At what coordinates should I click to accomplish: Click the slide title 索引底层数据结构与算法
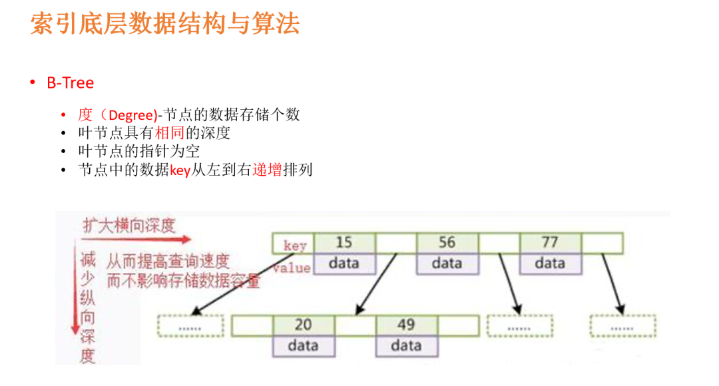165,24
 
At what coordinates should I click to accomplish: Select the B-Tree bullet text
70,83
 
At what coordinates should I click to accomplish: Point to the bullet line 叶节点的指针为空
139,151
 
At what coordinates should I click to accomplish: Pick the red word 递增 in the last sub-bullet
266,170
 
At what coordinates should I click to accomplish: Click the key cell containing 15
344,243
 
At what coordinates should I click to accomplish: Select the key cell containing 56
447,243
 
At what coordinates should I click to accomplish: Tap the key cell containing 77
550,243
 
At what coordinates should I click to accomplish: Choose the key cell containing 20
303,325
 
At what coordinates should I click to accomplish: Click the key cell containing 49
406,325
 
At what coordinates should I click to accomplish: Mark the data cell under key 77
550,264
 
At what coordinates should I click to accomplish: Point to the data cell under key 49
406,346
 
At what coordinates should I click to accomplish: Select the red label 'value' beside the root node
292,268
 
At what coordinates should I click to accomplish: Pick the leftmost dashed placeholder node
190,326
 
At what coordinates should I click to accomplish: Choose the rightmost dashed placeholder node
622,326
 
